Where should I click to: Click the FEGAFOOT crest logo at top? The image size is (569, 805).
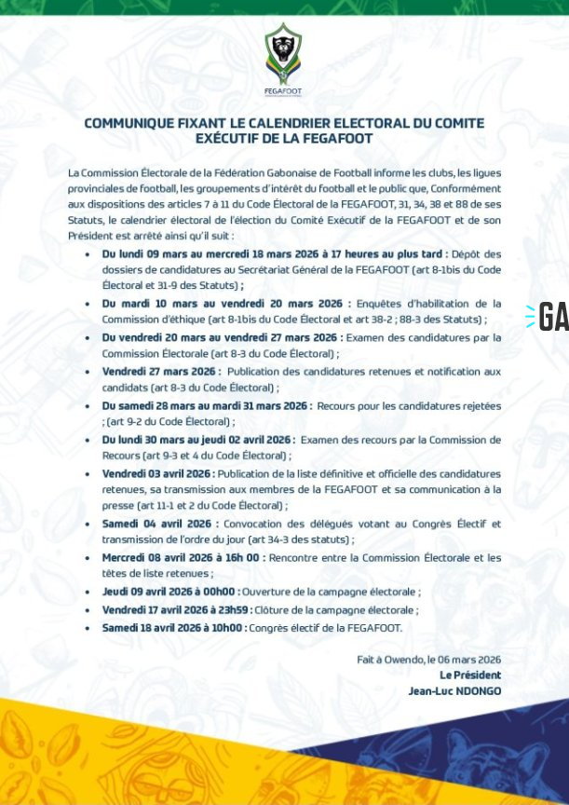pyautogui.click(x=283, y=53)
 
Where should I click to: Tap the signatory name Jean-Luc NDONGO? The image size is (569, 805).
pyautogui.click(x=454, y=690)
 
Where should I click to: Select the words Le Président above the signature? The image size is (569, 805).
pyautogui.click(x=470, y=675)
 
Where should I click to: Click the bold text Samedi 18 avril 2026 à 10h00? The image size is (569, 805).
pyautogui.click(x=174, y=628)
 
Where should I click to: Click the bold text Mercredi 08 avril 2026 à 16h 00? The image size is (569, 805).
pyautogui.click(x=183, y=557)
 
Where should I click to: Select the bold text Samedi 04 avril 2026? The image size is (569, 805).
pyautogui.click(x=149, y=524)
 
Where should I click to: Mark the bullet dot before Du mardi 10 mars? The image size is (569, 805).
pyautogui.click(x=88, y=304)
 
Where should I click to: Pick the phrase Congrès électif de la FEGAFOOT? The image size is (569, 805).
pyautogui.click(x=327, y=628)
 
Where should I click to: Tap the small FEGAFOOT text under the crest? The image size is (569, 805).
pyautogui.click(x=283, y=91)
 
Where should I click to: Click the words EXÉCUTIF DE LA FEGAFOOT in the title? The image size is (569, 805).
pyautogui.click(x=284, y=139)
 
